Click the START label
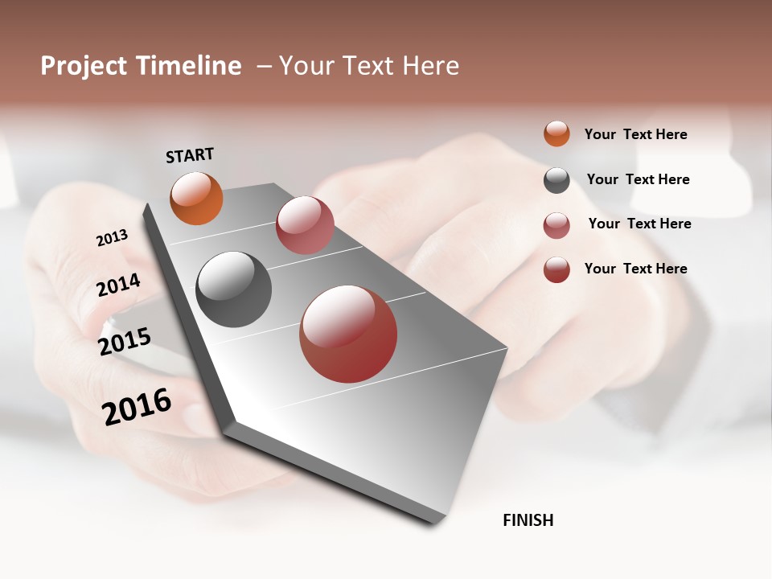190,155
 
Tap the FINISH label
528,520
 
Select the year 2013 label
112,238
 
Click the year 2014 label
118,285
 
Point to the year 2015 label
125,342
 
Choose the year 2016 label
137,406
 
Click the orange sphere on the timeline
196,199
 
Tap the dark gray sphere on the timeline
233,289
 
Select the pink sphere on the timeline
305,225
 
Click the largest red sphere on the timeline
348,334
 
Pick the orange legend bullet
556,133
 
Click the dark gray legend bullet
556,180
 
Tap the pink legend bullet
556,225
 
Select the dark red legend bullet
556,269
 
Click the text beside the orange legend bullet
635,134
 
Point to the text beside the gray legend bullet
638,179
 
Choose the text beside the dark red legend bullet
635,269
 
